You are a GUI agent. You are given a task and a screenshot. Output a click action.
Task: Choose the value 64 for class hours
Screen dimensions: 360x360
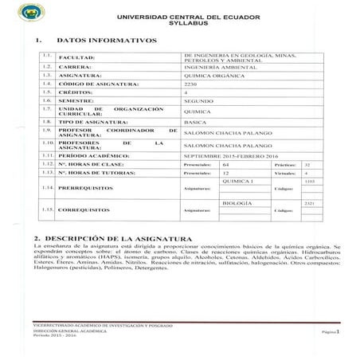tap(226, 162)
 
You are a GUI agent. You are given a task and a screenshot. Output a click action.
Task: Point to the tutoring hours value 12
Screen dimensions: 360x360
tap(226, 172)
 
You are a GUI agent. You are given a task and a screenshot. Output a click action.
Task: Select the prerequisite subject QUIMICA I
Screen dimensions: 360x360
tap(237, 182)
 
